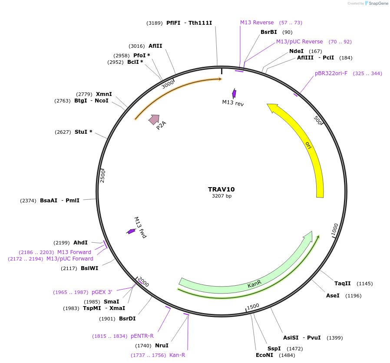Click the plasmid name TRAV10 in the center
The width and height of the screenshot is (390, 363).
(x=221, y=189)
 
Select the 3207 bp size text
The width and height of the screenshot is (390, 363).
(x=221, y=196)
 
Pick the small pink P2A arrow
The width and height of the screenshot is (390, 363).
(x=154, y=119)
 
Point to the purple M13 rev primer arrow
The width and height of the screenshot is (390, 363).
(x=234, y=93)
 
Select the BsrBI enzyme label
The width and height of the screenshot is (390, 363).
(x=268, y=32)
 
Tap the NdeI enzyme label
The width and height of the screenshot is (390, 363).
(x=296, y=51)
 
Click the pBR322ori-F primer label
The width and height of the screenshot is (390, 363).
(x=331, y=73)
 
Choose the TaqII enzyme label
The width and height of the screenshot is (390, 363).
(x=342, y=284)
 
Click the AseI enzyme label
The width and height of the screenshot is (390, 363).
(x=333, y=296)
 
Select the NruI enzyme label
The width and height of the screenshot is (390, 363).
(x=162, y=346)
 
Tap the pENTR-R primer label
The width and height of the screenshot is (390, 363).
(x=142, y=336)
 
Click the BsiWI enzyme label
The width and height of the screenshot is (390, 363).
(x=89, y=268)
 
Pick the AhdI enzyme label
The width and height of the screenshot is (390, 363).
(x=80, y=243)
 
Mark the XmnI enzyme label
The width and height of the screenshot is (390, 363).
(x=104, y=94)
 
